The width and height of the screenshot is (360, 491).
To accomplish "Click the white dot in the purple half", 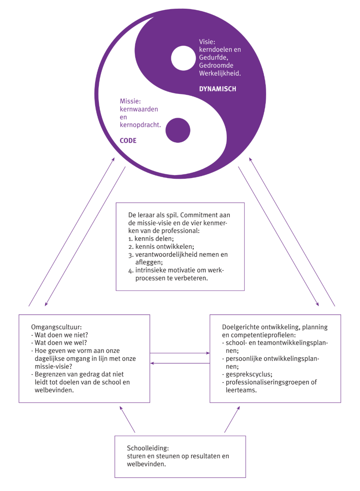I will click(x=183, y=58).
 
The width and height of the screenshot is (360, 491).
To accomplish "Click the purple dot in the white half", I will click(x=178, y=130).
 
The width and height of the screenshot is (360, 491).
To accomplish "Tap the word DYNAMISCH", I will click(x=217, y=89).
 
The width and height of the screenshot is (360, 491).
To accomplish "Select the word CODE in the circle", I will click(x=128, y=141).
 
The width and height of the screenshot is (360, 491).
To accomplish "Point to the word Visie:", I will click(x=207, y=42).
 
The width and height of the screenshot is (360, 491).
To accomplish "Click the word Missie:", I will click(x=130, y=101).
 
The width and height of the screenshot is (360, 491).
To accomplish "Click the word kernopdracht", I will click(x=140, y=125).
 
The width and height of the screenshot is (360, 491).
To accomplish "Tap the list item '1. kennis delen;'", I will click(x=151, y=239).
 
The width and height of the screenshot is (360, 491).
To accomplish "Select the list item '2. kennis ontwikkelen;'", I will click(x=161, y=247).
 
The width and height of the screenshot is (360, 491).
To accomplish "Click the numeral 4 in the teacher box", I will click(x=131, y=270).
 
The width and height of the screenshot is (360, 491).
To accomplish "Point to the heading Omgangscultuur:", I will click(x=56, y=327).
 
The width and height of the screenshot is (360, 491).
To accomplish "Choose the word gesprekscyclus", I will click(x=249, y=374).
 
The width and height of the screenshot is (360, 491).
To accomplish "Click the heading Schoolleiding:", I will click(x=148, y=448).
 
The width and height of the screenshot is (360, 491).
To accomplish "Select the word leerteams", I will click(x=241, y=390).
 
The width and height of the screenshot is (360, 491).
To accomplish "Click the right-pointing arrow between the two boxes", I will click(x=180, y=353).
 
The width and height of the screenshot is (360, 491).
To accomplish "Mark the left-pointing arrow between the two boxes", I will click(x=180, y=363).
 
